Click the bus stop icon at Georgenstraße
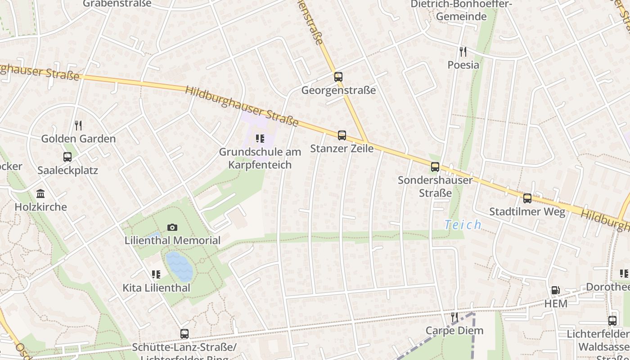tap(338, 77)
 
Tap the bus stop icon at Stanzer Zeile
tap(342, 135)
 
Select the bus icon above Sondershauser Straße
tap(435, 167)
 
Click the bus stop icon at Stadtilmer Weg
tap(527, 198)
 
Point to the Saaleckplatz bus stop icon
tap(67, 157)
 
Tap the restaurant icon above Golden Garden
tap(78, 125)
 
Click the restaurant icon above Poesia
tap(463, 51)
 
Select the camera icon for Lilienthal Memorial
tap(172, 227)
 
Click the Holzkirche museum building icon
tap(40, 193)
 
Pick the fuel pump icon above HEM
tap(556, 291)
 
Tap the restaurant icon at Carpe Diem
tap(454, 317)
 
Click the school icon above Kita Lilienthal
tap(156, 274)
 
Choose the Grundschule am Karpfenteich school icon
tap(260, 139)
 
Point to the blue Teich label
tap(463, 225)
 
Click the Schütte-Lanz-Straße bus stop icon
tap(184, 334)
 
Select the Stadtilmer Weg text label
tap(527, 211)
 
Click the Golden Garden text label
tap(78, 139)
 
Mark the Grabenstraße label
tap(117, 4)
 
